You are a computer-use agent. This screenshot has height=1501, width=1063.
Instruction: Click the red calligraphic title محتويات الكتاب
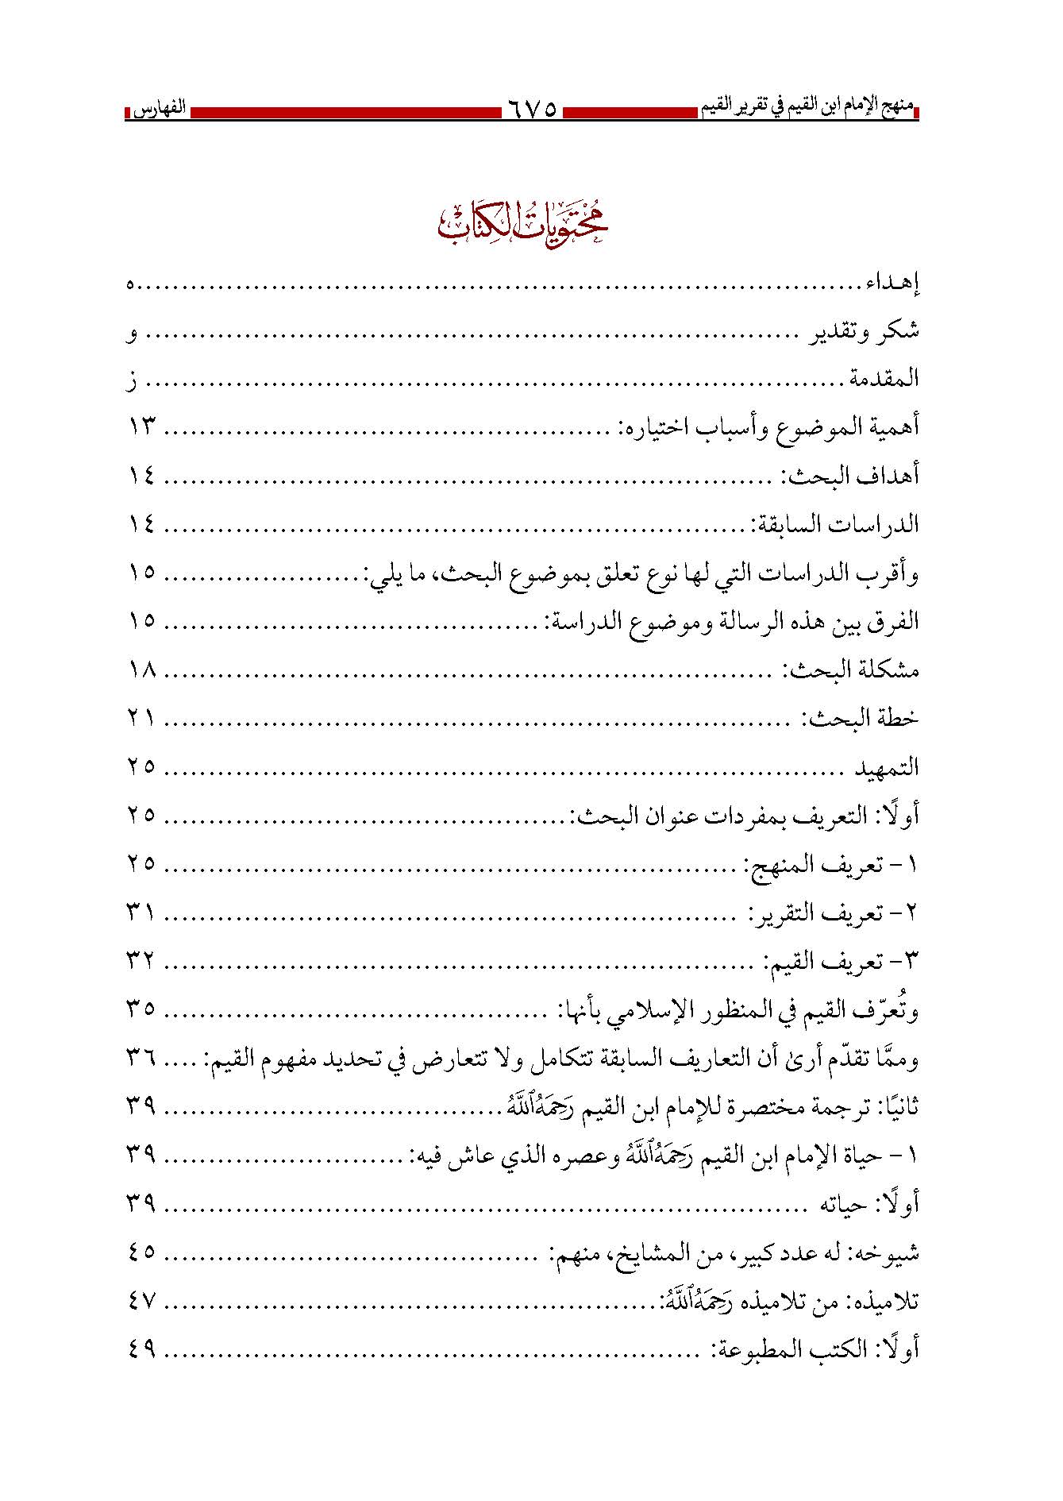(x=523, y=223)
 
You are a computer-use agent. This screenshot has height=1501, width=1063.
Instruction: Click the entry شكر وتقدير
(x=863, y=332)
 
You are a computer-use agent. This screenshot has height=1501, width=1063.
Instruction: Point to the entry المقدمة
(x=884, y=380)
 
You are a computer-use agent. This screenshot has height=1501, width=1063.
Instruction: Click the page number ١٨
(x=141, y=671)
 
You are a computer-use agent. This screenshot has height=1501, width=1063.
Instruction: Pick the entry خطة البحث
(x=861, y=719)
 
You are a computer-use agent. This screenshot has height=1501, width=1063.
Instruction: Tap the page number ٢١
(x=141, y=719)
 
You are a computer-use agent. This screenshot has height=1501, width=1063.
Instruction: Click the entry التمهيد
(x=887, y=768)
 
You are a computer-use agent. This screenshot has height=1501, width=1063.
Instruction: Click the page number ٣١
(x=141, y=913)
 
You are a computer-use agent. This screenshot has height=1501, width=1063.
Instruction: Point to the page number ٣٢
(x=141, y=962)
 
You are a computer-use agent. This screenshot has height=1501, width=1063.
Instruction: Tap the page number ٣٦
(x=141, y=1059)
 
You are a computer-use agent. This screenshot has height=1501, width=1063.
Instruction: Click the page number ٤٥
(x=141, y=1252)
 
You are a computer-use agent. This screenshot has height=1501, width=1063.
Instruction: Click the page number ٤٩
(x=141, y=1349)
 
